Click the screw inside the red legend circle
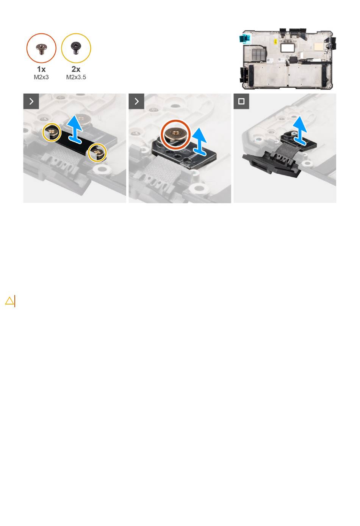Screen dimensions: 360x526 point(42,49)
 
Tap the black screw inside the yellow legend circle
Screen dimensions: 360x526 point(76,48)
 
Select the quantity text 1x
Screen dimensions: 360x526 point(41,69)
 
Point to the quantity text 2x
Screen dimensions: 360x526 point(76,69)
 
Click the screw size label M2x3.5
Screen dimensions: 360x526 point(76,77)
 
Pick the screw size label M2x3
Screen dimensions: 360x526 point(41,77)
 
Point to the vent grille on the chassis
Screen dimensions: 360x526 point(258,54)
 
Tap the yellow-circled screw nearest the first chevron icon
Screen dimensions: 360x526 point(52,132)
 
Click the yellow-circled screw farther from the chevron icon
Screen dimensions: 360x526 point(97,152)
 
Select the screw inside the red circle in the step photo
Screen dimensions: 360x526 point(175,134)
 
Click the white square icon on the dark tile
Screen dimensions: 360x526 point(241,101)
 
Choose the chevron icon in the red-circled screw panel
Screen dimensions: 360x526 point(136,101)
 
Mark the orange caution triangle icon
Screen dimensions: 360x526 point(9,301)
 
